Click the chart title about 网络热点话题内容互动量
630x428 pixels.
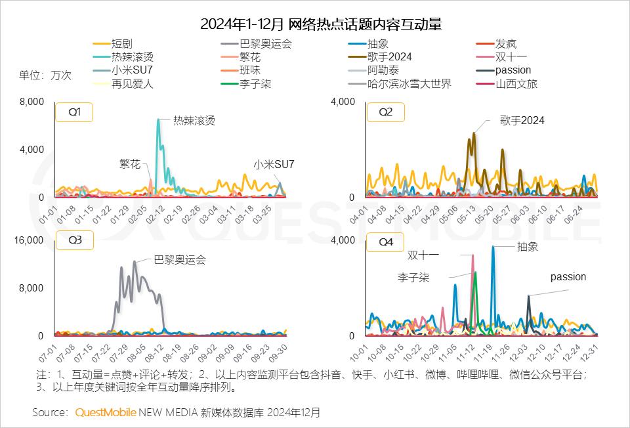[321, 25]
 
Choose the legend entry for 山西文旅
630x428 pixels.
[516, 83]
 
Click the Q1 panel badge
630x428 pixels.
[74, 112]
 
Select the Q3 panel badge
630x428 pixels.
[74, 240]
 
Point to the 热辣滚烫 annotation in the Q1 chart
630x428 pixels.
[194, 121]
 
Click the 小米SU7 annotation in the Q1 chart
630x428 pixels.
[274, 164]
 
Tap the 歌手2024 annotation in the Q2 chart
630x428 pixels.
[522, 121]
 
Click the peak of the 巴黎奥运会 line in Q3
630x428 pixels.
[135, 261]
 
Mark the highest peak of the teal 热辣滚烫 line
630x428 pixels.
[158, 119]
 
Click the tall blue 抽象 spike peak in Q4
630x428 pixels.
[493, 247]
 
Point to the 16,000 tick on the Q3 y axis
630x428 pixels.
[29, 240]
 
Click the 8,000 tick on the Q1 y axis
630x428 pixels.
[31, 102]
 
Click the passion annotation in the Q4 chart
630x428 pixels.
[568, 277]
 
